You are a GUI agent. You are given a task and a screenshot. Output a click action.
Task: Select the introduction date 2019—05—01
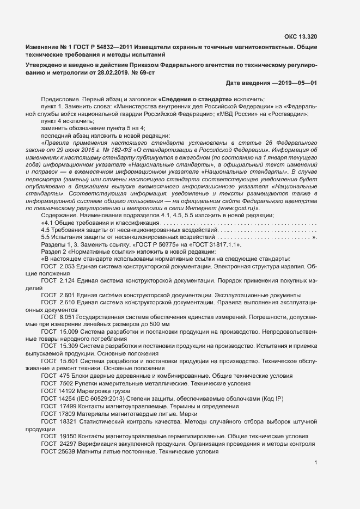pos(295,83)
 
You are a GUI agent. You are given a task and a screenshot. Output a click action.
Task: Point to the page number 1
pos(316,463)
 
